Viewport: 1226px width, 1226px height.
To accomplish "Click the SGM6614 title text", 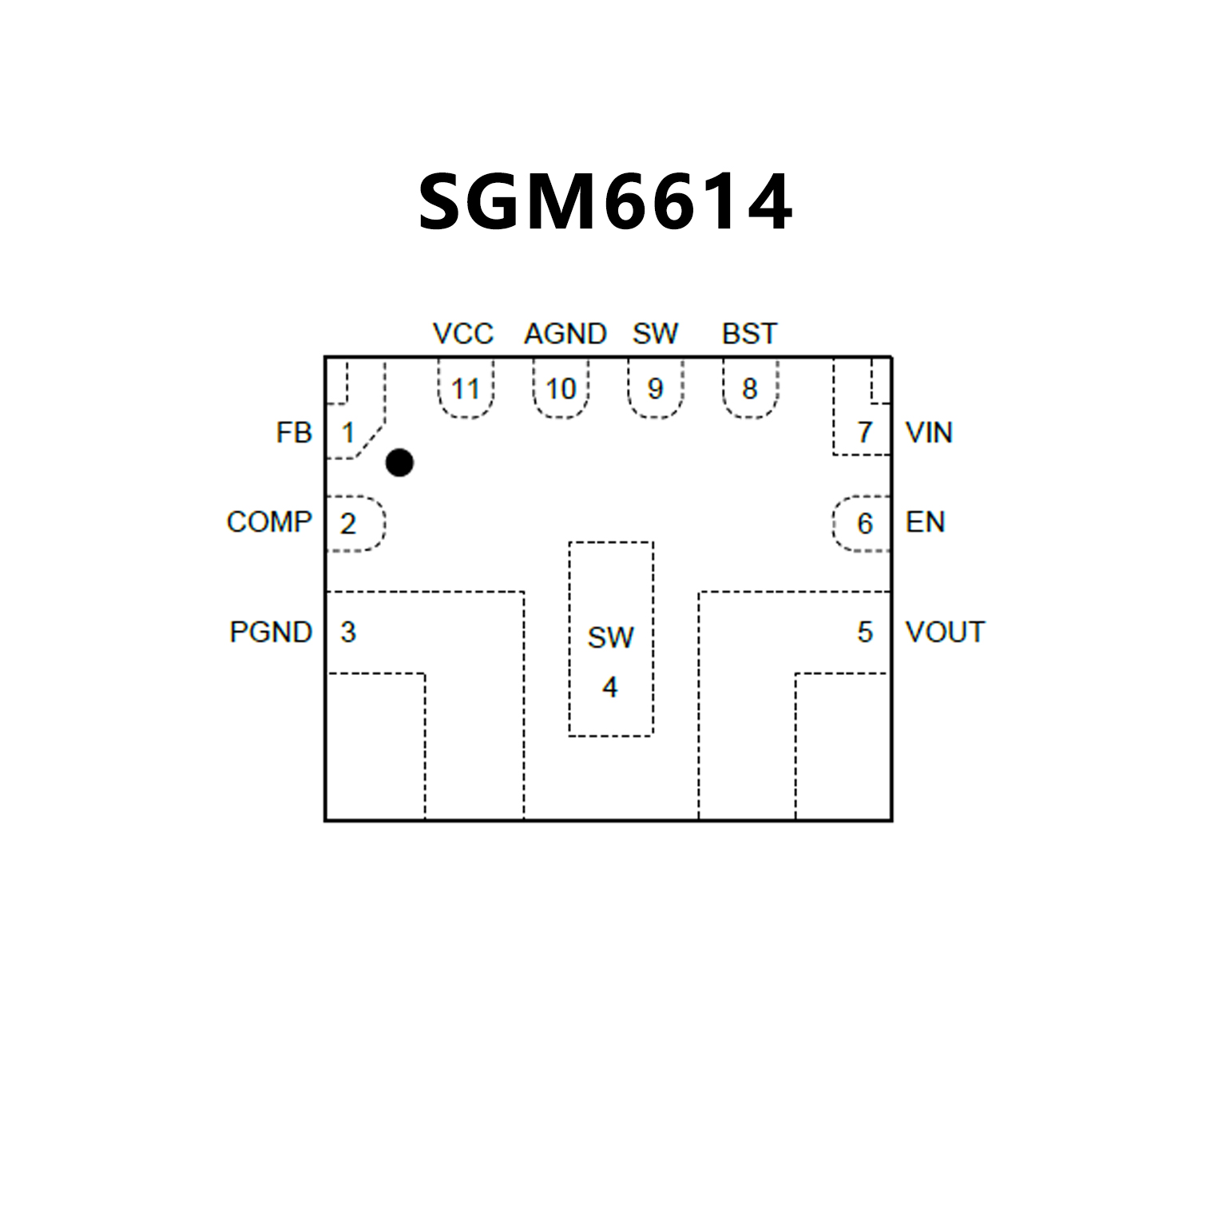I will (x=605, y=202).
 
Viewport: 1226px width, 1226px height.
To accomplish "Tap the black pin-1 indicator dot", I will (x=399, y=462).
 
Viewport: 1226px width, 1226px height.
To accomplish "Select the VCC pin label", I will (x=463, y=334).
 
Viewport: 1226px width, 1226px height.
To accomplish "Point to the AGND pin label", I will (x=565, y=334).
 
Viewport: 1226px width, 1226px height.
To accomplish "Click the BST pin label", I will (x=749, y=334).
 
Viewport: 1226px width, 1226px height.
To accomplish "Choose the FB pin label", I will (x=294, y=433).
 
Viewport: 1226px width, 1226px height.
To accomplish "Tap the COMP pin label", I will (x=269, y=522).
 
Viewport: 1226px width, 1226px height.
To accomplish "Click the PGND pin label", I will (x=271, y=633).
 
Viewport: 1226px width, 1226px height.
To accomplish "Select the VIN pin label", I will (x=929, y=433).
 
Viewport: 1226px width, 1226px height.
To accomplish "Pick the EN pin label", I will (x=925, y=522).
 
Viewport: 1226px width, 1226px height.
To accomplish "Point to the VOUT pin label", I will (x=945, y=633).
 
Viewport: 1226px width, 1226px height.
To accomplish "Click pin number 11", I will (x=466, y=390).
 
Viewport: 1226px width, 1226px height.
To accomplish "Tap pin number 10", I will (x=561, y=390).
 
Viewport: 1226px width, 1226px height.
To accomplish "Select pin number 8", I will (x=749, y=389).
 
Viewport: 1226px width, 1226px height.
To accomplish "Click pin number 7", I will (x=864, y=433).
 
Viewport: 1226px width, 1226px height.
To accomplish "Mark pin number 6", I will (x=864, y=524).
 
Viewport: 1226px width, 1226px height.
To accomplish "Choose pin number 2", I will (x=347, y=524).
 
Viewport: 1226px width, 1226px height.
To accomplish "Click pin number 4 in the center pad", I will (x=610, y=687).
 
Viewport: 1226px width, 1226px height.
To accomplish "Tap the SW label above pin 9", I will (x=655, y=334).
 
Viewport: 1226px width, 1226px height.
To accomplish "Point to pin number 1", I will (x=348, y=433).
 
